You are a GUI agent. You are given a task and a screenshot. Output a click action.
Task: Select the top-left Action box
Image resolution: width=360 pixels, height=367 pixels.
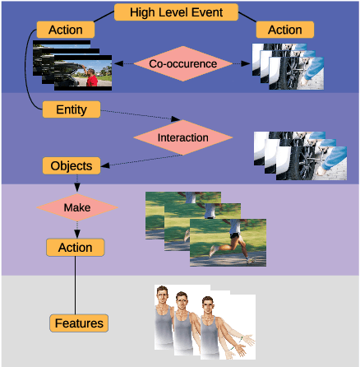[64, 30]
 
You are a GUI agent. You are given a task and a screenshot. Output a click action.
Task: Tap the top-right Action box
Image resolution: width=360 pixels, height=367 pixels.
[284, 30]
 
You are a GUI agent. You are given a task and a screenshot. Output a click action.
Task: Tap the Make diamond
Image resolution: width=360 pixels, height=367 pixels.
[76, 207]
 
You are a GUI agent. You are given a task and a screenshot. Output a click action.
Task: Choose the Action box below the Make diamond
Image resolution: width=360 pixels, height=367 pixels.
[76, 247]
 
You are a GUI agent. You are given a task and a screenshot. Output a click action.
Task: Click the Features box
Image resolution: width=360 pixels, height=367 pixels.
[80, 323]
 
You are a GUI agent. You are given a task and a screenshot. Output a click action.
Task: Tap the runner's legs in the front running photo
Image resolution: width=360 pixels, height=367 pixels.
[234, 247]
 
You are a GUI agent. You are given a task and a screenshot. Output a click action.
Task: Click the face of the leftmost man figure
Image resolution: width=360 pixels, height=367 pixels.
[163, 297]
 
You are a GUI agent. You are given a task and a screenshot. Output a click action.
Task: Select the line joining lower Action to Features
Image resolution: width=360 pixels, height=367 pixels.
[76, 285]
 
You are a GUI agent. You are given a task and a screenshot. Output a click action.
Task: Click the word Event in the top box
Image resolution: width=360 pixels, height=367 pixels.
[217, 12]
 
